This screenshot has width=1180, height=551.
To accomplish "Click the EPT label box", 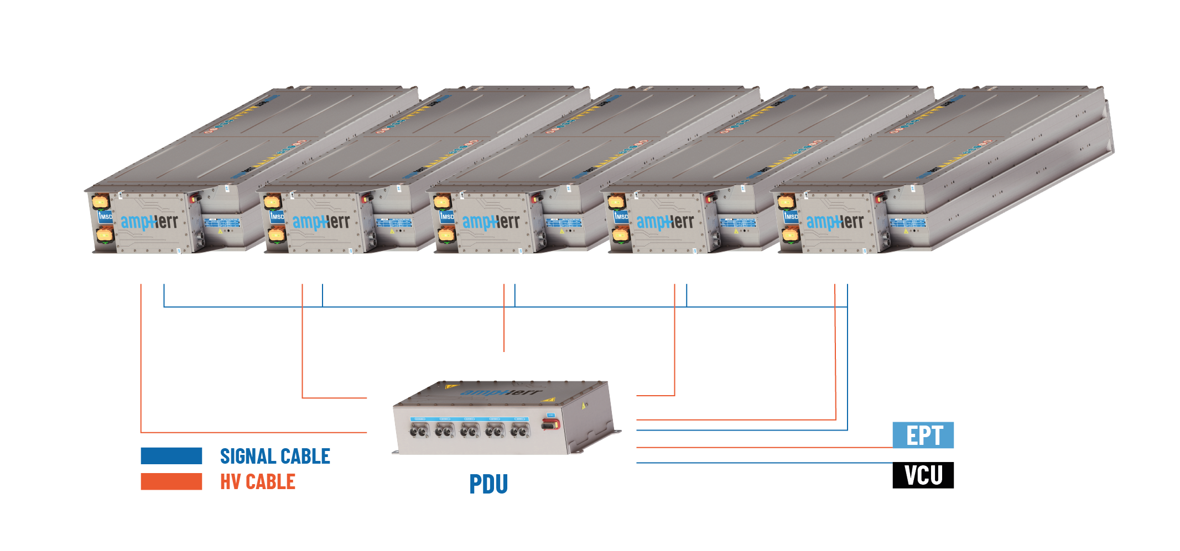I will point(923,435).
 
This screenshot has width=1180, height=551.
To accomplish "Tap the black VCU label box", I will point(923,475).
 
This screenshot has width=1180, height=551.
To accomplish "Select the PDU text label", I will point(488,484).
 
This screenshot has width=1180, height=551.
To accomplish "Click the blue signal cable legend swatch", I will point(171,455).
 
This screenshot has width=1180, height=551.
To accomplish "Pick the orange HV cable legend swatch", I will point(171,481).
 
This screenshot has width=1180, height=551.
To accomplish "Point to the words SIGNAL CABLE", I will point(275,456).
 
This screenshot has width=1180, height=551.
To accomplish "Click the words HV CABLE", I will point(258,481).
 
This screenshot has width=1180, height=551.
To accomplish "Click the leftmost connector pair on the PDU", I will point(419,431).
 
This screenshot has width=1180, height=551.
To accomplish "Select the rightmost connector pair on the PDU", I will point(519,430).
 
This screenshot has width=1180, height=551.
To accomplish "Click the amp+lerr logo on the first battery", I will point(149,222).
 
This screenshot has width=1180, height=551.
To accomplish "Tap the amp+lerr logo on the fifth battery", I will point(835,222).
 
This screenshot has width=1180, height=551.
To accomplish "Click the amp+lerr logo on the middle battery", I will point(491,222).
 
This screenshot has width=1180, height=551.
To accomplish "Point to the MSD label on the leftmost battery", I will point(105,217).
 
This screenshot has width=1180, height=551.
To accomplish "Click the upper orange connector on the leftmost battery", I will point(101,200).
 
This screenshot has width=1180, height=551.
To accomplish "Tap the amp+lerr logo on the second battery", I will point(321,222).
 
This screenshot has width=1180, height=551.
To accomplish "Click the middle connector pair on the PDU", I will point(470,431).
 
